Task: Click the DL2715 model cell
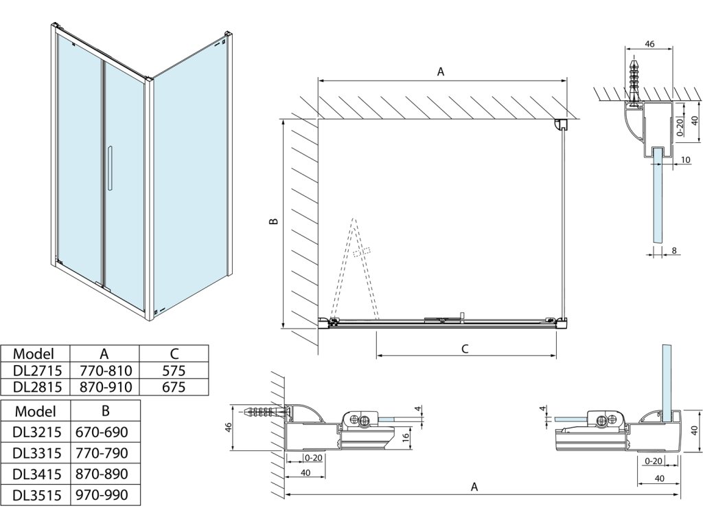(34, 371)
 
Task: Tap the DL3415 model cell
(37, 474)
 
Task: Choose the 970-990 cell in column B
(104, 495)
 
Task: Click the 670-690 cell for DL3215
(104, 432)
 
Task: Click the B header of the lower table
(104, 410)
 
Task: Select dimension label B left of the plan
(273, 222)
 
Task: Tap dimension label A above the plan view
(441, 71)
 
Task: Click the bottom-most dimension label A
(474, 487)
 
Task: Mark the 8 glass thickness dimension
(675, 250)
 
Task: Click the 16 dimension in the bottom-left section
(406, 435)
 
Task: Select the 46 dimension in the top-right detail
(649, 44)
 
